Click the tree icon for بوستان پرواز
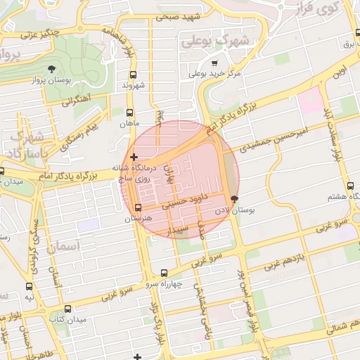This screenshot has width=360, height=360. (52, 69)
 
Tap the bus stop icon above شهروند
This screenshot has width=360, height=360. (132, 74)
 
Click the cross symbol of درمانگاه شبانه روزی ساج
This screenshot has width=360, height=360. (134, 156)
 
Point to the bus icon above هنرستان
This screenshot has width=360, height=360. (138, 207)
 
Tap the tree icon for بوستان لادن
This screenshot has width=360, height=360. (234, 200)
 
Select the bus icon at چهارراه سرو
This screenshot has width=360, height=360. (165, 273)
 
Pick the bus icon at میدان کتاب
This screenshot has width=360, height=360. (67, 309)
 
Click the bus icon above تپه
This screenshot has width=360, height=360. (30, 286)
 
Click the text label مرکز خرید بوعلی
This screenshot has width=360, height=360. (217, 73)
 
